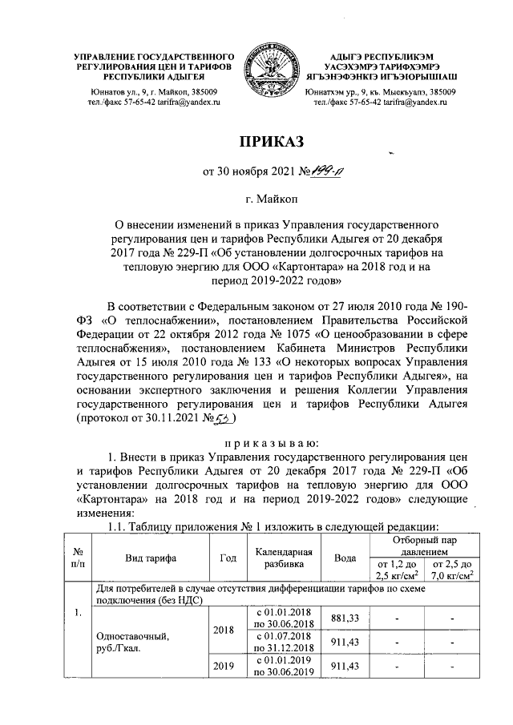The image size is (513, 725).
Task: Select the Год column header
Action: pos(228,558)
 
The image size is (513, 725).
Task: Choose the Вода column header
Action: pos(345,558)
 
